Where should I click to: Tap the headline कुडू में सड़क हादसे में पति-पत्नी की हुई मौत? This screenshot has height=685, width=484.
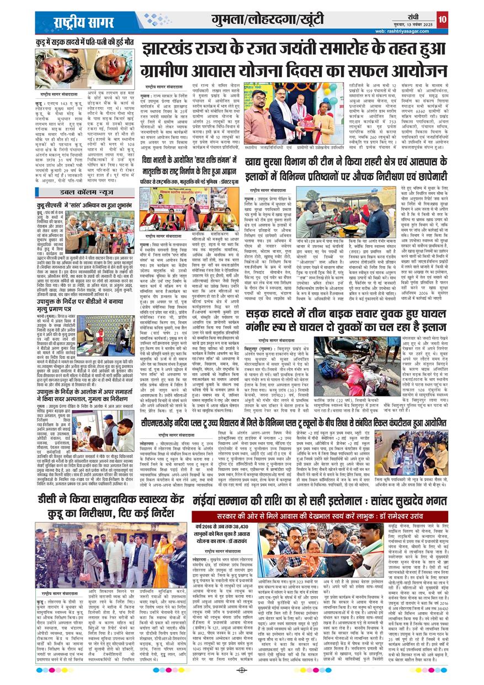tap(85, 42)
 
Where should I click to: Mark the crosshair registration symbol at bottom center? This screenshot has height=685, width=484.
tap(241, 670)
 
